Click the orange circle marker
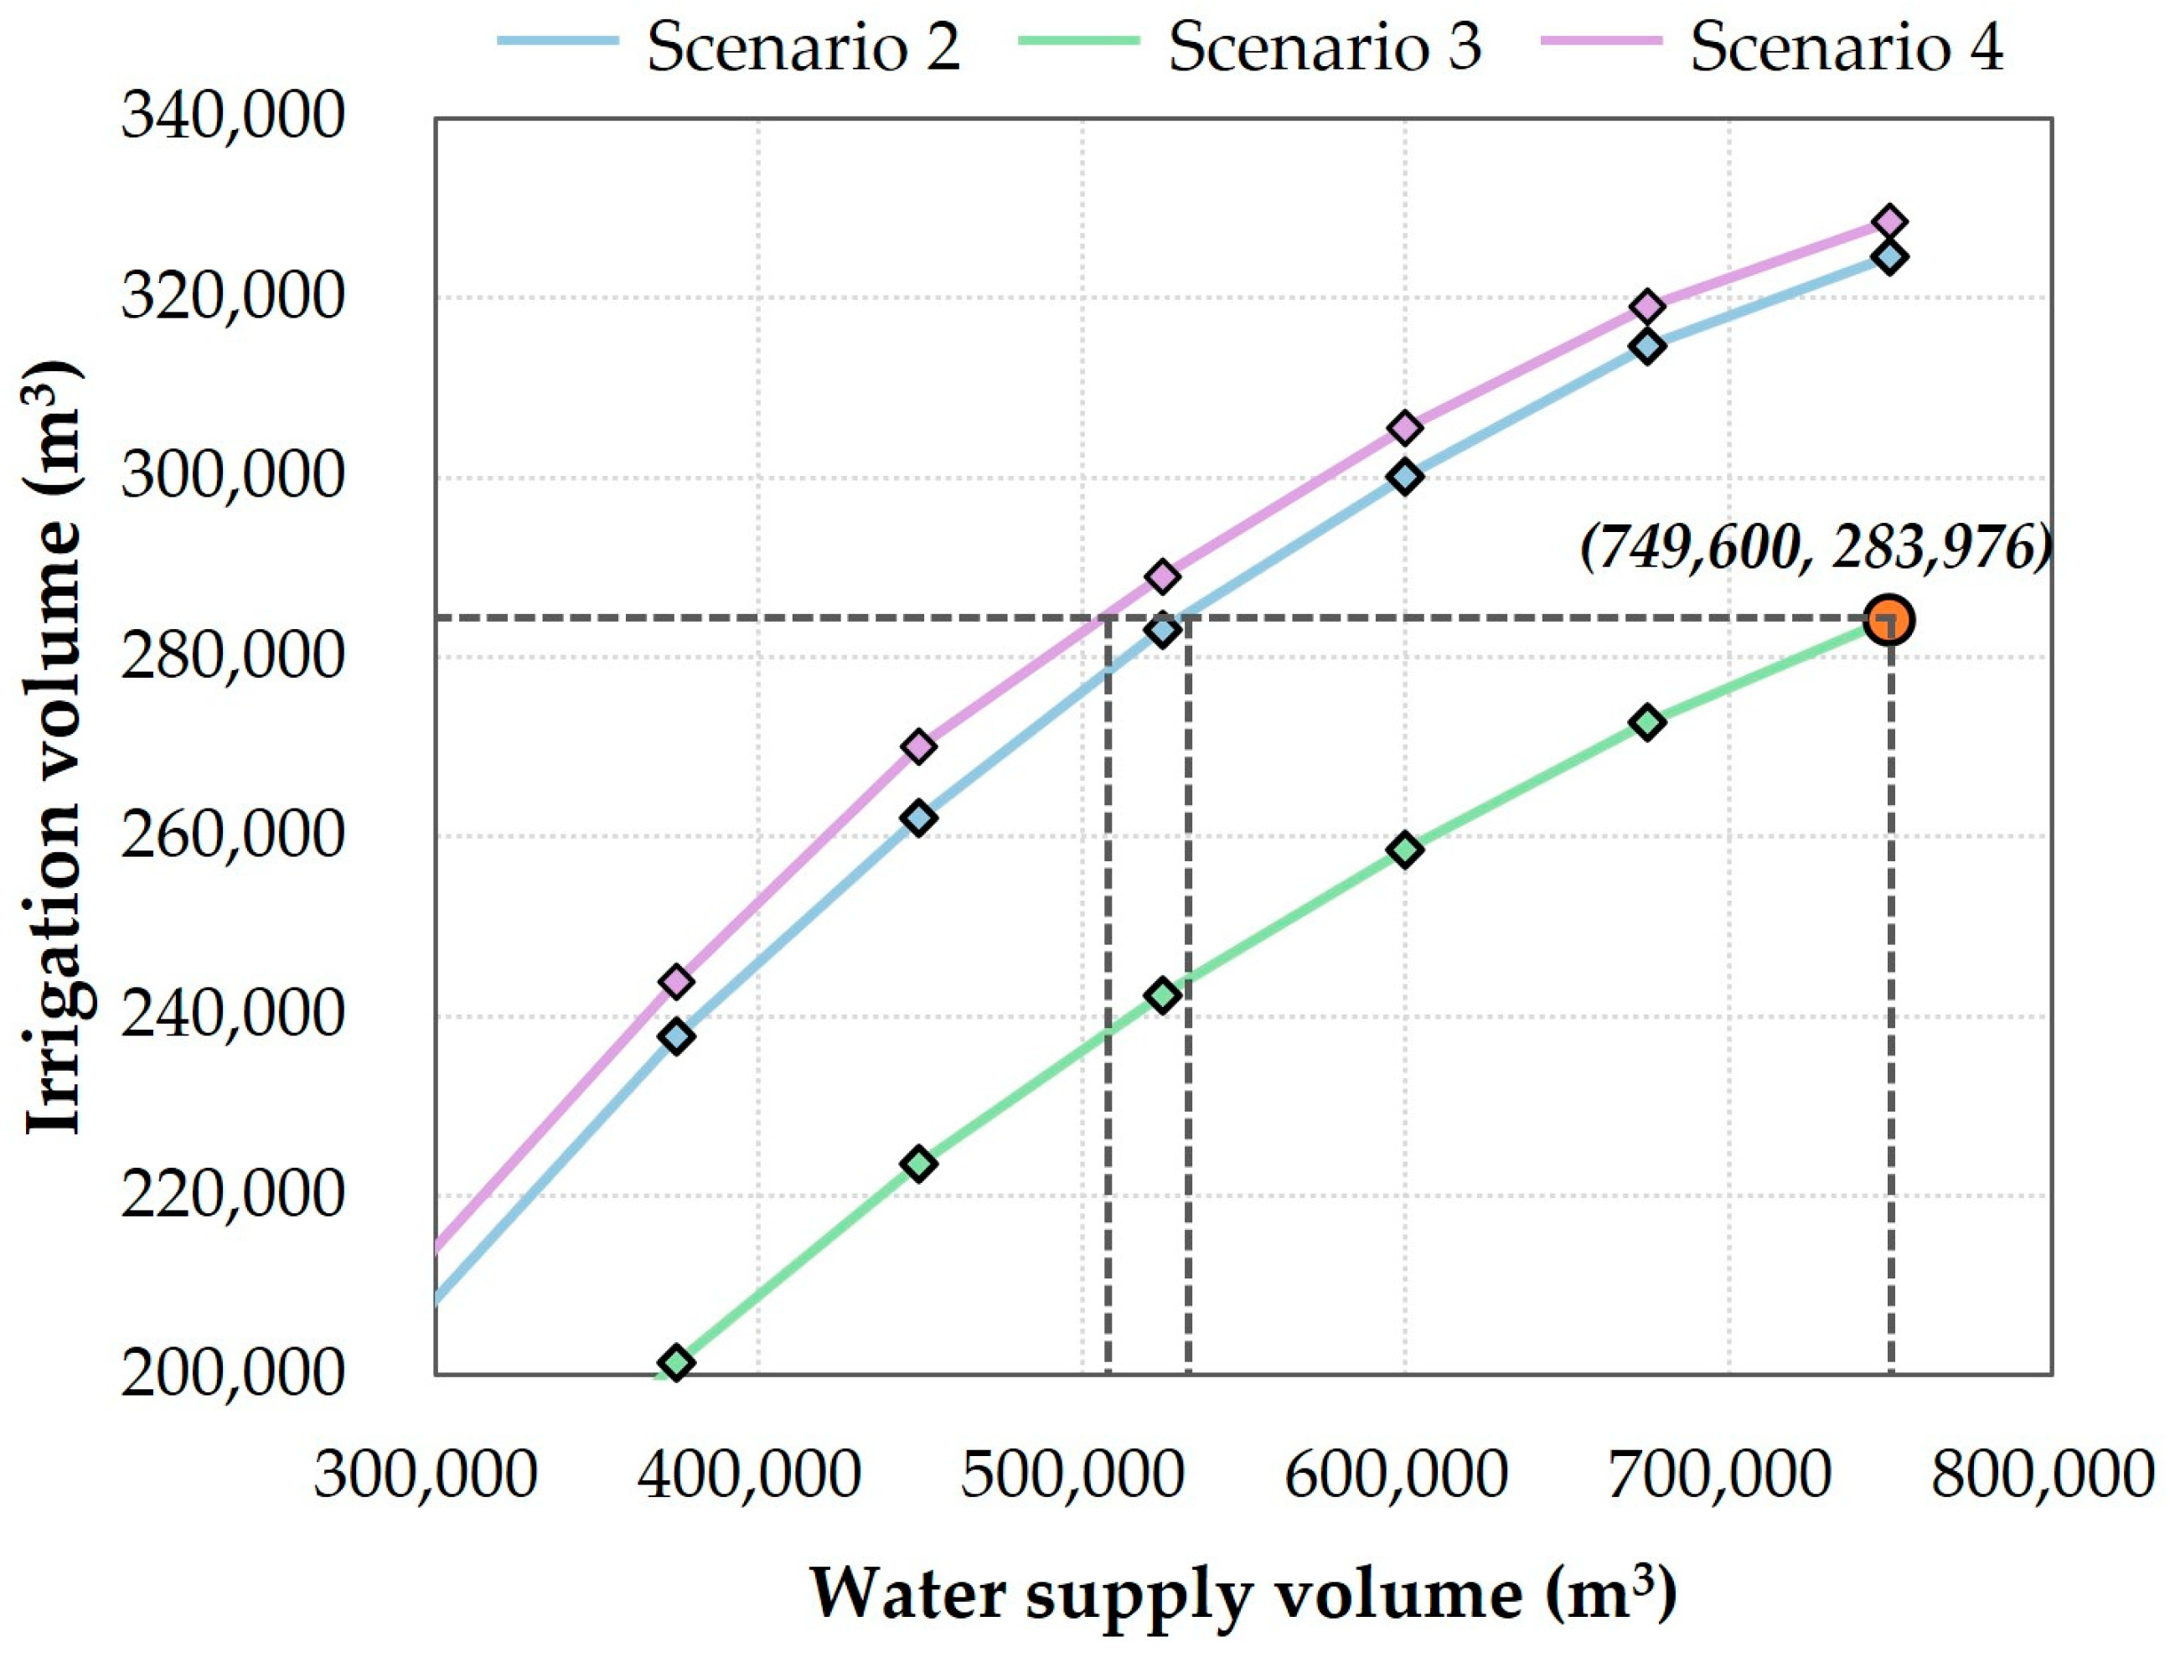click(x=1888, y=621)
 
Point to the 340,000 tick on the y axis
click(x=233, y=116)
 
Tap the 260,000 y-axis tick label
click(x=233, y=835)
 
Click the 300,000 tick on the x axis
click(x=426, y=1475)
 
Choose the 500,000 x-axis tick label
click(x=1072, y=1475)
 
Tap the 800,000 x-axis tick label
click(x=2043, y=1475)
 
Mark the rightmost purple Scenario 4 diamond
click(x=1888, y=222)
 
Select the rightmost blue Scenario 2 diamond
click(x=1888, y=258)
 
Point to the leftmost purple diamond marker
click(x=676, y=982)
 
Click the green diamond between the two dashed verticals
click(x=1162, y=994)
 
